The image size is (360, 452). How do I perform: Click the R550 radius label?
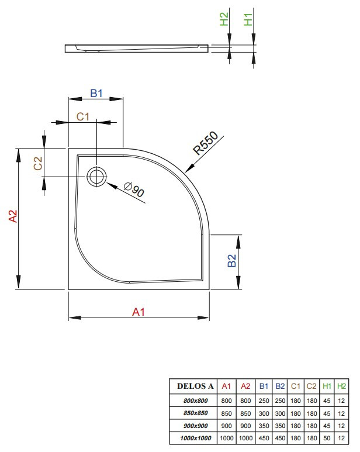[x=206, y=143]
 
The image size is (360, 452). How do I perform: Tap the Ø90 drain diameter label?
[x=135, y=190]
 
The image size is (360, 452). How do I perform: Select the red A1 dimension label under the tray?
[x=138, y=312]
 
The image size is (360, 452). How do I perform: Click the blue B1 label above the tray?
[x=96, y=93]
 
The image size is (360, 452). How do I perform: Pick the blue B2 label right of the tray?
[x=231, y=261]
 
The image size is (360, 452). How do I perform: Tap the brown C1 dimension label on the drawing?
[x=84, y=116]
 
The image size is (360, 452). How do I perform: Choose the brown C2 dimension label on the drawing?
[x=37, y=164]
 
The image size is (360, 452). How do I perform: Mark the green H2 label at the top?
[x=224, y=20]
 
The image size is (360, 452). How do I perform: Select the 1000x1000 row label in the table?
[x=194, y=438]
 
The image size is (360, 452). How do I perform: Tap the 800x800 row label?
[x=194, y=401]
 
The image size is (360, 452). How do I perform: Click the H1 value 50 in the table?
[x=327, y=438]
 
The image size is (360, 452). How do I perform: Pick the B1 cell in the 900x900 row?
[x=264, y=426]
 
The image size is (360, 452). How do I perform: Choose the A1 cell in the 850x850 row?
[x=227, y=413]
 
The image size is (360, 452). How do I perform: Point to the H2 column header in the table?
[x=342, y=387]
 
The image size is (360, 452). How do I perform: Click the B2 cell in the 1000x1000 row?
[x=280, y=438]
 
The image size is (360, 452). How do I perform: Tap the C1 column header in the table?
[x=296, y=387]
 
